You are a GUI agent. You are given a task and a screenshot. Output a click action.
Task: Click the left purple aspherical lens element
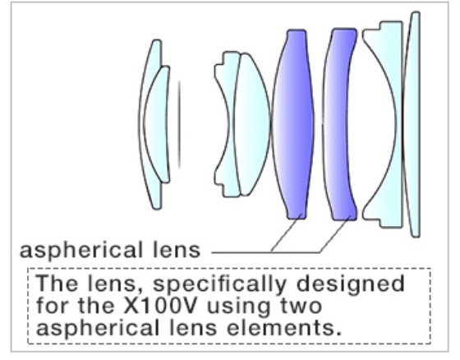coord(292,123)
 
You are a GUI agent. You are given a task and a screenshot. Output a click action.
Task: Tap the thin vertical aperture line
coord(179,124)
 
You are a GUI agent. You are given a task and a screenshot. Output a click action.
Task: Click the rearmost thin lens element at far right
coord(413,123)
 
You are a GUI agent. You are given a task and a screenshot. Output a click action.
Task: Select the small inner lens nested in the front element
coord(157,123)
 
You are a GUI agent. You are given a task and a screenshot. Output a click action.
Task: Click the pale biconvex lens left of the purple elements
coord(251,123)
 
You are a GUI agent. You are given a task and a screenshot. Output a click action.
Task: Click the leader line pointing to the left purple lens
coord(286,233)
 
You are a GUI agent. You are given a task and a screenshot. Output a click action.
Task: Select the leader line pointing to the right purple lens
coord(335,234)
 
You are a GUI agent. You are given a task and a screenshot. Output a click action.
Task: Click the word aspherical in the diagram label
coord(81,251)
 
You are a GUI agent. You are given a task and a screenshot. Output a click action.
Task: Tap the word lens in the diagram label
coord(177,250)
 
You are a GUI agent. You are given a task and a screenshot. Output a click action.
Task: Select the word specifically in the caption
coord(220,284)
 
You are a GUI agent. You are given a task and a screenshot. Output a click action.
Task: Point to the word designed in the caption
coord(351,284)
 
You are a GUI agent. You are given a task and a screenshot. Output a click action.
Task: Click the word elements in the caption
coord(284,328)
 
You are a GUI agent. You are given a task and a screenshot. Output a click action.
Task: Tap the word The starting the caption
coord(57,283)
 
